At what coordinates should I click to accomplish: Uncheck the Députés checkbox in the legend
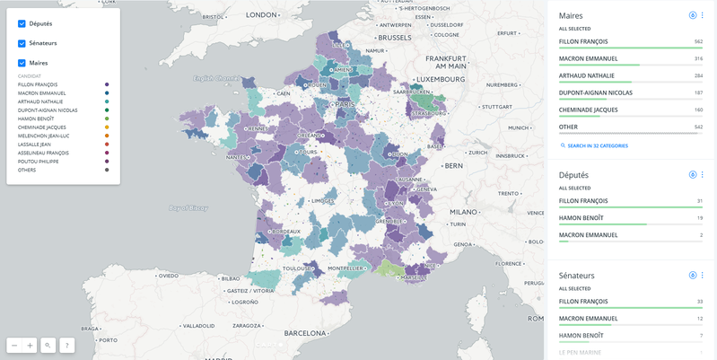(22, 23)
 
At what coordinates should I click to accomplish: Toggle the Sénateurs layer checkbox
(22, 43)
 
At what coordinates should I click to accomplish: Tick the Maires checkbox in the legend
(22, 63)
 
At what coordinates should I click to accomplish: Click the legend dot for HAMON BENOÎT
(107, 119)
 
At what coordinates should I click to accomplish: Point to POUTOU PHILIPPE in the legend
(36, 161)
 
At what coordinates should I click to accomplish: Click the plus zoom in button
(30, 345)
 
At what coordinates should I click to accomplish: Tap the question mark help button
(66, 345)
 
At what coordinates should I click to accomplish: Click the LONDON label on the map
(262, 15)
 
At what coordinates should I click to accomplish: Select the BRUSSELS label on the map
(394, 38)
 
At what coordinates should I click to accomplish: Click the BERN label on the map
(454, 165)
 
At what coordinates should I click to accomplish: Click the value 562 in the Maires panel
(697, 41)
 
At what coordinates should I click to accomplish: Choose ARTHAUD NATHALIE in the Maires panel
(588, 75)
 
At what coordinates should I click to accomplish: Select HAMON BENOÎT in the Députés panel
(583, 217)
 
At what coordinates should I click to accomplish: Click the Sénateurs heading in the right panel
(577, 275)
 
